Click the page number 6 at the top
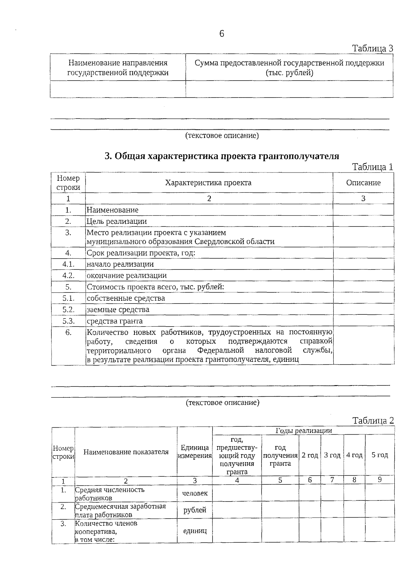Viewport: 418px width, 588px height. point(222,34)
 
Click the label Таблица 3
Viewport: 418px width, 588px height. point(372,48)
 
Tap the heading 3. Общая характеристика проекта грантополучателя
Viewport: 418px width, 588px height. point(222,156)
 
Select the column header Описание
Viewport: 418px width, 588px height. point(363,183)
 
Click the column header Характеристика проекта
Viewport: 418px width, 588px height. point(208,183)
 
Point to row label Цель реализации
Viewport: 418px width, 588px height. point(117,221)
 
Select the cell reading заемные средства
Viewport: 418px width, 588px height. point(118,310)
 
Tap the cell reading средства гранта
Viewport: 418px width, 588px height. point(115,321)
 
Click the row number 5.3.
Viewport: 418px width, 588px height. point(69,321)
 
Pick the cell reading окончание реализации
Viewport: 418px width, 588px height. point(126,275)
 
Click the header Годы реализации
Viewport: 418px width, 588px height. point(303,430)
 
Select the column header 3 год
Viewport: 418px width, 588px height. point(332,455)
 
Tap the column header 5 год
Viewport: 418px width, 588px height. point(380,455)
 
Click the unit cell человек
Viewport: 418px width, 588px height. point(195,493)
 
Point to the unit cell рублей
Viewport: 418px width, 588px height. point(195,510)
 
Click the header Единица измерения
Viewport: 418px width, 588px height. point(195,452)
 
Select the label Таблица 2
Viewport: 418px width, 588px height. point(373,420)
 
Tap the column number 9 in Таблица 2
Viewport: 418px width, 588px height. point(380,480)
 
